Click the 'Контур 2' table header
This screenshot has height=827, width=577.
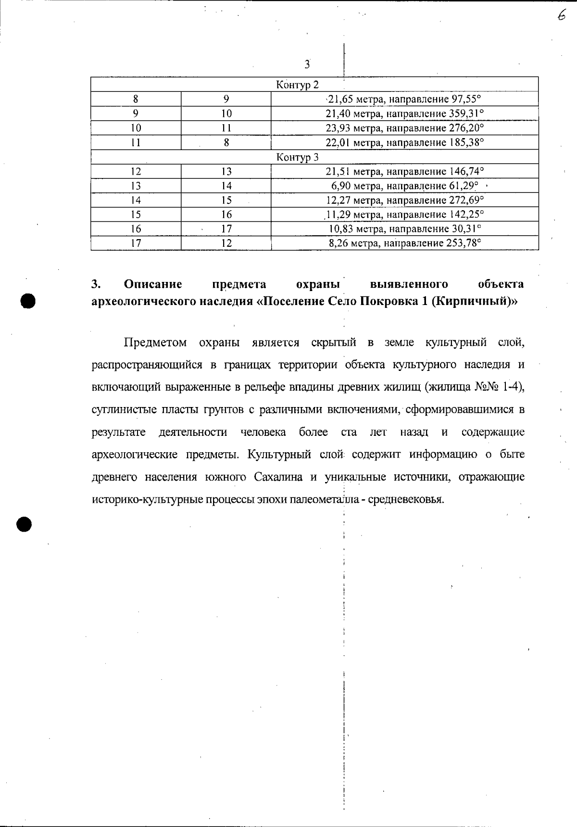[x=297, y=85]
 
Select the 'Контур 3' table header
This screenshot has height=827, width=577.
[x=297, y=157]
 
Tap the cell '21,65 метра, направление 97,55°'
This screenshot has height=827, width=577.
[x=404, y=99]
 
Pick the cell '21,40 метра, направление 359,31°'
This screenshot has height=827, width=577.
[x=404, y=114]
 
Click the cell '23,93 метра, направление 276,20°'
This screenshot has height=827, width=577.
[x=404, y=128]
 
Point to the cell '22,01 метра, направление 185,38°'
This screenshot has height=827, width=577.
[x=404, y=142]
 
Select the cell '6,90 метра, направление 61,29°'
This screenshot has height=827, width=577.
[x=404, y=186]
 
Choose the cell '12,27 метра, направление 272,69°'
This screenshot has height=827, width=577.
[x=404, y=200]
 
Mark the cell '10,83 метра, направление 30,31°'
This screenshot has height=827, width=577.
[x=404, y=229]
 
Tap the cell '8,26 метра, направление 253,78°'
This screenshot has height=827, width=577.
[x=404, y=243]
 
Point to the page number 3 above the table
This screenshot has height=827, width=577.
[x=307, y=64]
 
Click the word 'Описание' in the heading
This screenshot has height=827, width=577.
[x=153, y=284]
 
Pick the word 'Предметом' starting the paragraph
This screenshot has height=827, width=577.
[x=155, y=343]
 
